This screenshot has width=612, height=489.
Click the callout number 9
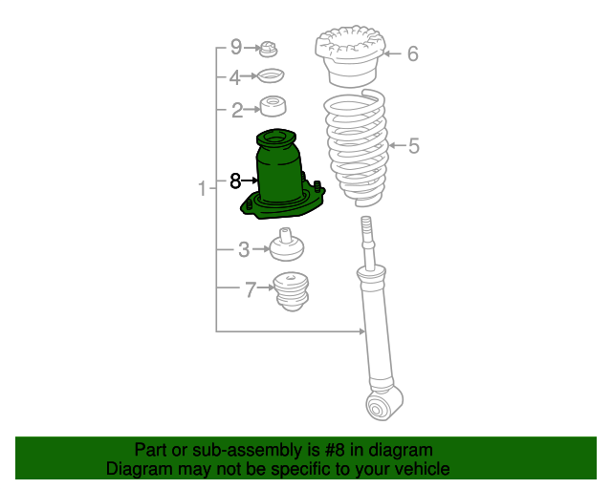pyautogui.click(x=235, y=47)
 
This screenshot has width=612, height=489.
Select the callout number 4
pyautogui.click(x=235, y=77)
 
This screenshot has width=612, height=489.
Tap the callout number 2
pyautogui.click(x=236, y=110)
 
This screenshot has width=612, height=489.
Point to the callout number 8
pyautogui.click(x=235, y=179)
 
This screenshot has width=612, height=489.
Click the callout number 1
pyautogui.click(x=202, y=189)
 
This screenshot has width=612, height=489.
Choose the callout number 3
pyautogui.click(x=244, y=250)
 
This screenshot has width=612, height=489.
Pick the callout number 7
pyautogui.click(x=251, y=289)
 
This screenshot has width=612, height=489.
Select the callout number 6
pyautogui.click(x=412, y=54)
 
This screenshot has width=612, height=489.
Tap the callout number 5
pyautogui.click(x=413, y=146)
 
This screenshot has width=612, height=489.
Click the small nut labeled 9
pyautogui.click(x=269, y=48)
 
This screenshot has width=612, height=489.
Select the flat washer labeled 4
pyautogui.click(x=273, y=77)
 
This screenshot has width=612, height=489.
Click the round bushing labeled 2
pyautogui.click(x=276, y=108)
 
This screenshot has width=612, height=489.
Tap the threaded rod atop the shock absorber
pyautogui.click(x=366, y=240)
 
